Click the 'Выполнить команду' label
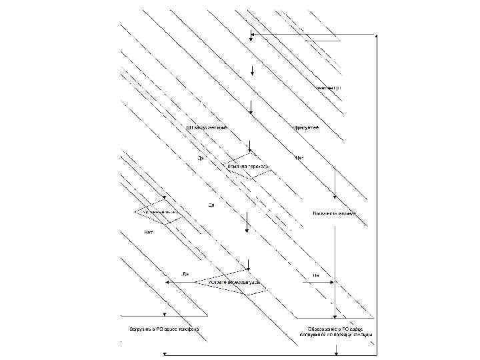(x=335, y=214)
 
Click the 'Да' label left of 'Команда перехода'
(x=200, y=158)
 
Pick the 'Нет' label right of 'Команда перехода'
(x=299, y=158)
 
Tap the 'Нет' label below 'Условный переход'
(x=149, y=232)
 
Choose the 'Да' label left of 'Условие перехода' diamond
(x=185, y=274)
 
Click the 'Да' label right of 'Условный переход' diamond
(x=210, y=205)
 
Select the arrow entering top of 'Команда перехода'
(x=249, y=146)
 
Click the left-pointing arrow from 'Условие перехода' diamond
(x=167, y=283)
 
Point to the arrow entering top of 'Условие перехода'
(x=248, y=265)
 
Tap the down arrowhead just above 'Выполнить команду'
(x=335, y=201)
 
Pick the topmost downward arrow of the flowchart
(x=251, y=36)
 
